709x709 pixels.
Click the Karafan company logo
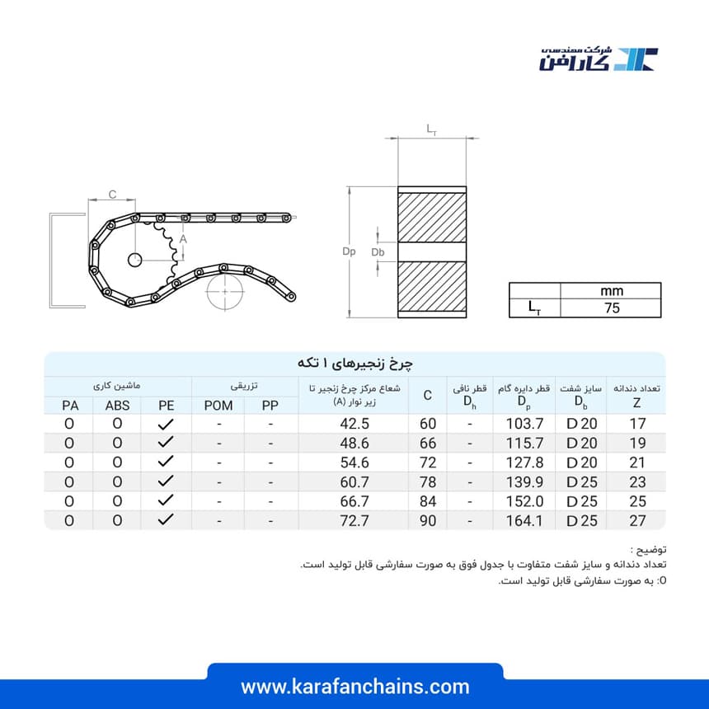pos(599,59)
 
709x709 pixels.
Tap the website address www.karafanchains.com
pos(355,687)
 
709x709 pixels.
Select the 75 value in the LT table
pos(612,308)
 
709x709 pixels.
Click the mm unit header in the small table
pos(612,291)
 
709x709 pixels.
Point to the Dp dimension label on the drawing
pos(349,251)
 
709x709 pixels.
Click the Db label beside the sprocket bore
pos(378,251)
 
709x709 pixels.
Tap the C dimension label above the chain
pos(113,195)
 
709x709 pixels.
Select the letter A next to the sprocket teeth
pos(183,239)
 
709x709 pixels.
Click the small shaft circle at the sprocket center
pos(134,260)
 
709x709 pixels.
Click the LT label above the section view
pos(432,129)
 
